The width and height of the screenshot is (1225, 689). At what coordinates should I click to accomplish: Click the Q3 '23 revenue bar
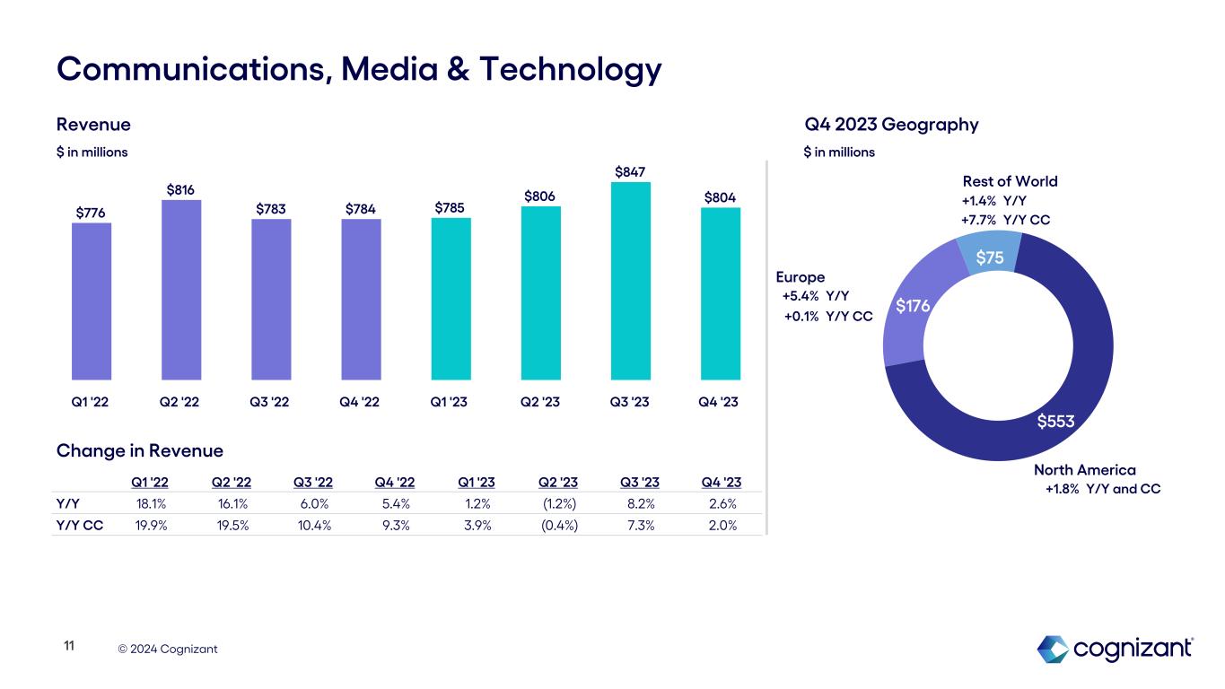630,281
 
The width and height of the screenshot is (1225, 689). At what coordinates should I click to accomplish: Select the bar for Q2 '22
181,290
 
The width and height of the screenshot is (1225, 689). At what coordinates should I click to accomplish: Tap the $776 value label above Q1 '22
91,212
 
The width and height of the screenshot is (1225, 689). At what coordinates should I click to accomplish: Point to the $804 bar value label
720,196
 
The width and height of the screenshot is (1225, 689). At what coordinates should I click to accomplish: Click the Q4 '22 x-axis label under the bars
361,401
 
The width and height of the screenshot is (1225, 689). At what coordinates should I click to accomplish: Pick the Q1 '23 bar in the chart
451,299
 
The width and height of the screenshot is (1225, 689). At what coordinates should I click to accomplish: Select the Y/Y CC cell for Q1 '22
152,526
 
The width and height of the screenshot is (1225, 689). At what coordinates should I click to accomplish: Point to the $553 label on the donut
1055,421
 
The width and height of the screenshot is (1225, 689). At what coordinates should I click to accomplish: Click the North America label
1084,470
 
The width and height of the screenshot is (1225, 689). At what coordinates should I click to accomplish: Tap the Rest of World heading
1010,181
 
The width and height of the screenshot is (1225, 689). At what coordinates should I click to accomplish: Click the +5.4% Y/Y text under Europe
816,296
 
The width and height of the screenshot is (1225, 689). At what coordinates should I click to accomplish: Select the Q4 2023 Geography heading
891,125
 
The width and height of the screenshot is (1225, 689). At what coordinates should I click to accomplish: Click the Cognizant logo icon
1052,649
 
